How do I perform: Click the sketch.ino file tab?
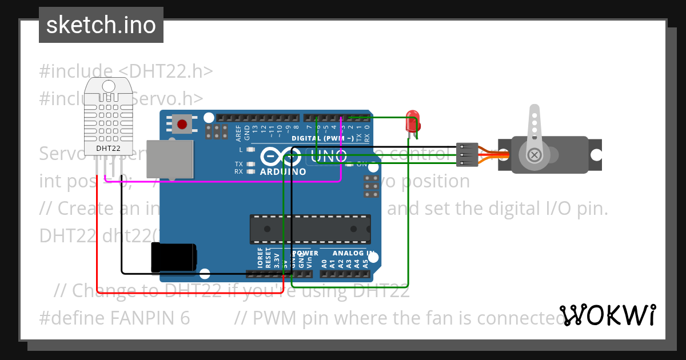(x=101, y=25)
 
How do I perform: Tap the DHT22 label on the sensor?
(x=108, y=149)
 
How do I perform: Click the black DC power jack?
(x=173, y=258)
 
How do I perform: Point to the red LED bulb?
(x=412, y=122)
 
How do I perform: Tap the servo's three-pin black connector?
(x=466, y=155)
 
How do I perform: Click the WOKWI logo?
(x=608, y=315)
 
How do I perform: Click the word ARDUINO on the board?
(x=282, y=171)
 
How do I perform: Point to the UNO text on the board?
(x=329, y=155)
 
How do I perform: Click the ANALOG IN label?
(x=353, y=253)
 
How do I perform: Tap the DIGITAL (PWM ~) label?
(x=322, y=138)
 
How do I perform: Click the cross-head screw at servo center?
(x=535, y=154)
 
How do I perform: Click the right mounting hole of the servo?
(x=596, y=154)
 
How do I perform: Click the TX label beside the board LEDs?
(x=239, y=163)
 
